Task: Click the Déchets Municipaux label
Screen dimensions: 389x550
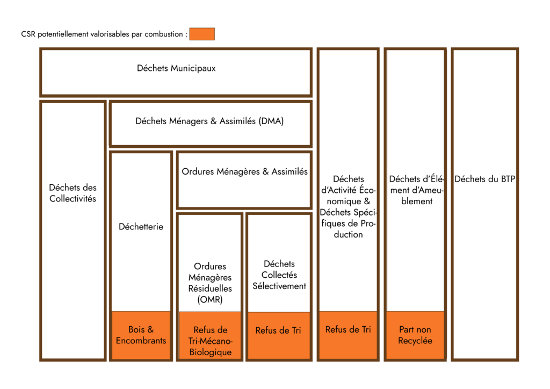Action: [176, 68]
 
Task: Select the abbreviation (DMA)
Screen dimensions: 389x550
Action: [271, 121]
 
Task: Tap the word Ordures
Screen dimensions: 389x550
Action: [198, 172]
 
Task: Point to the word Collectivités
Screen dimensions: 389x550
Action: [73, 199]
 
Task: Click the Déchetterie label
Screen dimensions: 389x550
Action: [141, 227]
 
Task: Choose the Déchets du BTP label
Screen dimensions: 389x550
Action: [484, 179]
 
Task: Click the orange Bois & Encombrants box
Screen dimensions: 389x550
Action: [141, 335]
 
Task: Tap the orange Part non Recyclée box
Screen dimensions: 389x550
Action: [415, 335]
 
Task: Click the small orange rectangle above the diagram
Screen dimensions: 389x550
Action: [202, 34]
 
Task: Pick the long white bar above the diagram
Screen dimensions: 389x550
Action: [105, 34]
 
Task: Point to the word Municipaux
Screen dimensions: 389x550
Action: [193, 68]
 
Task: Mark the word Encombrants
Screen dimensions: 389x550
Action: [141, 341]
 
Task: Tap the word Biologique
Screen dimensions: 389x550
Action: [211, 352]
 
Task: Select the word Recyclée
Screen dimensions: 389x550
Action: [415, 341]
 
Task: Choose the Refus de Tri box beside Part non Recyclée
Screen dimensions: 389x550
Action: [348, 335]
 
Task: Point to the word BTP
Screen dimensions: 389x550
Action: [508, 179]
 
